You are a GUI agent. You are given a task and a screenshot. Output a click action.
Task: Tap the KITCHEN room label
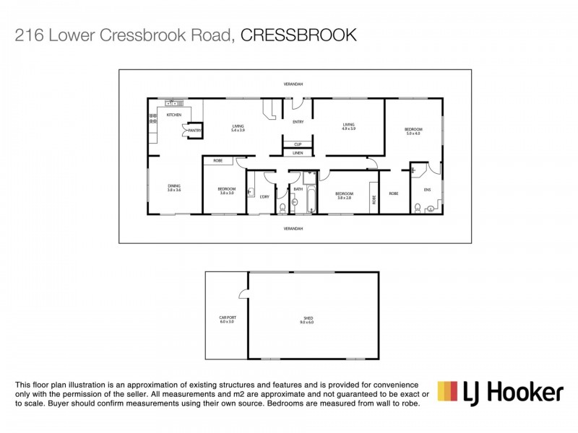[174, 115]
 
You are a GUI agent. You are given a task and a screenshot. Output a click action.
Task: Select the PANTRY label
[194, 130]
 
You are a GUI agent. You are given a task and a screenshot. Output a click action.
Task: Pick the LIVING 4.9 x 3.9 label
[348, 126]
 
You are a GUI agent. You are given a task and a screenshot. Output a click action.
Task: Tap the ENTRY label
[298, 122]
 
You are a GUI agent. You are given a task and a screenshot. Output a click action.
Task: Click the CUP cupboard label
[298, 144]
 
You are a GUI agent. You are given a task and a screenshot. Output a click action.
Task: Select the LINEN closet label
[298, 153]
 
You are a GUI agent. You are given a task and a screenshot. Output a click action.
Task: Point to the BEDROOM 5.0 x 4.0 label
[413, 131]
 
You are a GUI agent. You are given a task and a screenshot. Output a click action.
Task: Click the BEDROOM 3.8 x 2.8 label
[344, 195]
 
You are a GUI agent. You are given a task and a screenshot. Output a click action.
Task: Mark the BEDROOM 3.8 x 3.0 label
[227, 191]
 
